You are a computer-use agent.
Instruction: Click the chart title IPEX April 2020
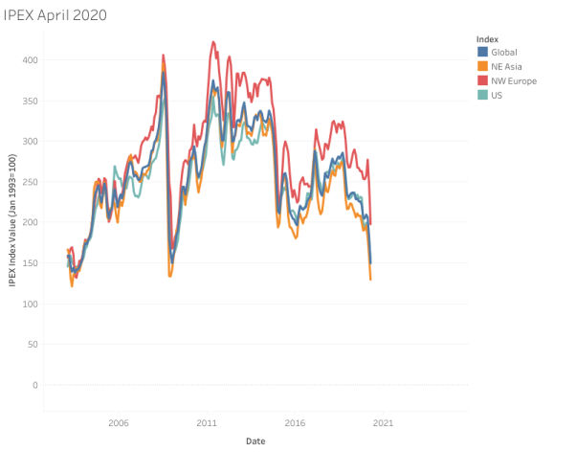coord(55,15)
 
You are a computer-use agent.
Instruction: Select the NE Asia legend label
coord(510,66)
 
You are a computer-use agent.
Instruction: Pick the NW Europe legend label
coord(515,80)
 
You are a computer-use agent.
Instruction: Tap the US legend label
coord(498,95)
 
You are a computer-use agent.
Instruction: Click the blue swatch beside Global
coord(483,52)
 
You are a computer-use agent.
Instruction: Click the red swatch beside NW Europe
coord(483,80)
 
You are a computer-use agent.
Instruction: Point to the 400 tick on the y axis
coord(28,60)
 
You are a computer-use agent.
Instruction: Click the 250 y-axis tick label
coord(28,182)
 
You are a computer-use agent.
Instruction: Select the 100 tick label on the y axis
coord(28,304)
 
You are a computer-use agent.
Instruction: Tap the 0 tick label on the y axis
coord(33,385)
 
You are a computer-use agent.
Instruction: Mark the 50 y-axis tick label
coord(31,344)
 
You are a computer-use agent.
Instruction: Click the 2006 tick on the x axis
coord(119,422)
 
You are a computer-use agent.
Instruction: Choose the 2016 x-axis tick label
coord(295,422)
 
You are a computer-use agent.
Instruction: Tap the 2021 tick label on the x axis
coord(383,422)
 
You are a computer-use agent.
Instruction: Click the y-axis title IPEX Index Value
coord(11,222)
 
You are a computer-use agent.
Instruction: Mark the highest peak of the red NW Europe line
coord(212,42)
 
